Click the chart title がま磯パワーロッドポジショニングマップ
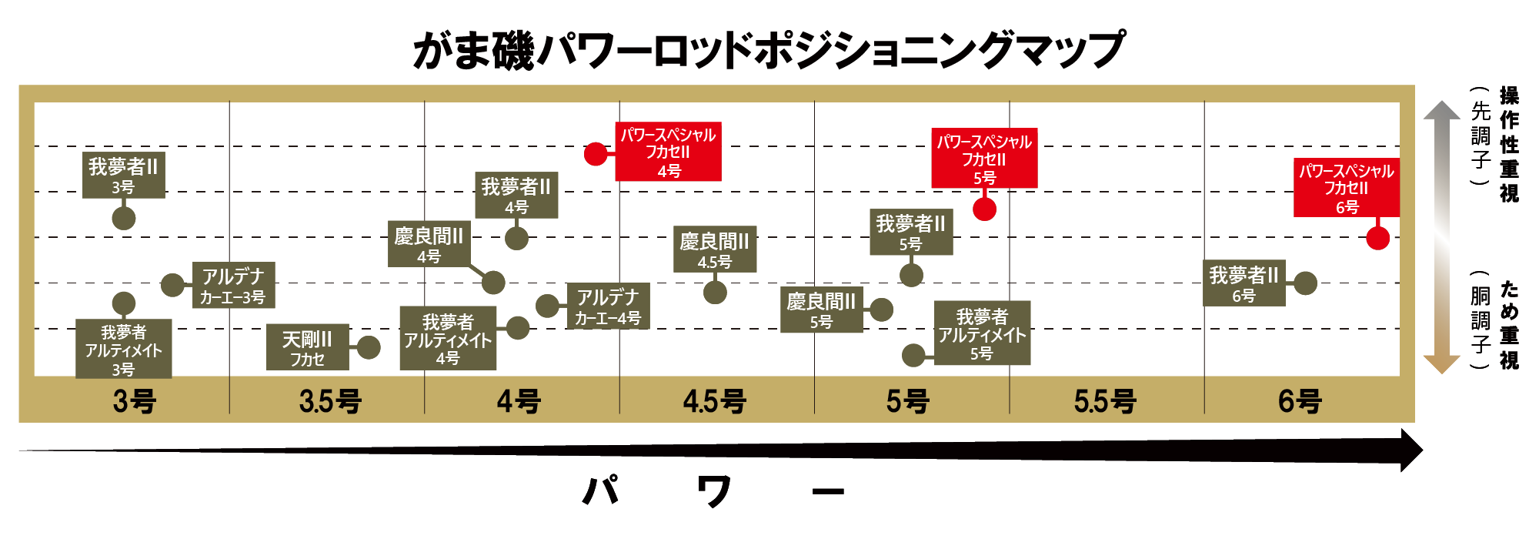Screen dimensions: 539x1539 click(768, 50)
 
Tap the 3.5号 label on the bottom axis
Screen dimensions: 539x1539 click(330, 401)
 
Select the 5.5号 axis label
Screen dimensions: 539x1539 click(1105, 401)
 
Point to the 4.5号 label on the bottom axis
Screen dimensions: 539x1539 click(714, 401)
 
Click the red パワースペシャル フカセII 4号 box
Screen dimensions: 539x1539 click(668, 152)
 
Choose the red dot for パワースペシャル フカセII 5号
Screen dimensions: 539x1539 click(984, 209)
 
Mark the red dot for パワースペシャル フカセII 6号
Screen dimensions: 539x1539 click(1377, 238)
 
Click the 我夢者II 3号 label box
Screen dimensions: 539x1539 click(123, 175)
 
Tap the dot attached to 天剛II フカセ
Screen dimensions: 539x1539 click(369, 347)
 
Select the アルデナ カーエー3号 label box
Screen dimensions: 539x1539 click(233, 286)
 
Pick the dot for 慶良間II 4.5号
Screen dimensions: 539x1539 click(715, 292)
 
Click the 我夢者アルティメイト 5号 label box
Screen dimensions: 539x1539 click(982, 333)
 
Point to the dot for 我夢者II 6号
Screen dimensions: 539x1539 click(1305, 283)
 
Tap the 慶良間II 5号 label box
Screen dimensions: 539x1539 click(821, 310)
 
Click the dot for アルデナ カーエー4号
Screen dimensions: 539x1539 click(547, 306)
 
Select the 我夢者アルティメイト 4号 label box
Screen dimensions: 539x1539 click(448, 339)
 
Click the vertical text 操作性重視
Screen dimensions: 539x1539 click(1509, 145)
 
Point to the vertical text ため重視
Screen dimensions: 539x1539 click(1509, 324)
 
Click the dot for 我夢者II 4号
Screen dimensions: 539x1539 click(516, 238)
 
